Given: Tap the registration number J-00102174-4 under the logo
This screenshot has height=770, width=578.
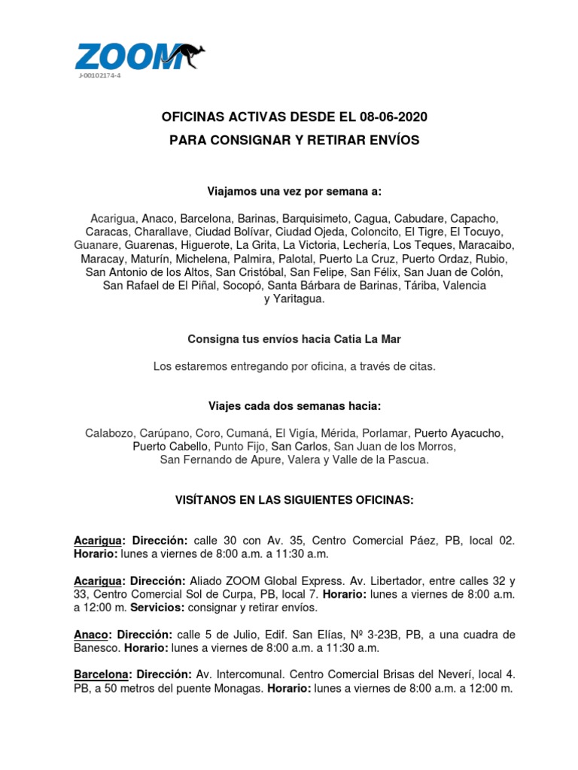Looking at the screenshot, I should click(x=99, y=77).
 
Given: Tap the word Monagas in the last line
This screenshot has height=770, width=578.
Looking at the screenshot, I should click(x=242, y=688).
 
